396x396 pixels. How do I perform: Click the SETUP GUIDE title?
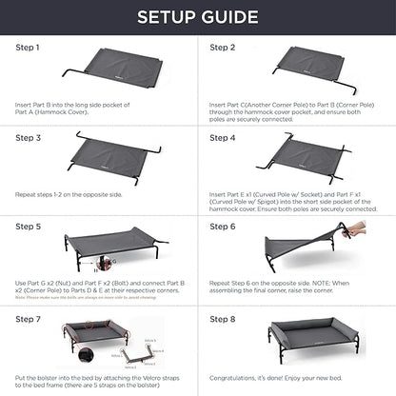[x=197, y=17]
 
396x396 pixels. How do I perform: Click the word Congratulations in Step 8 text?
[x=230, y=379]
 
